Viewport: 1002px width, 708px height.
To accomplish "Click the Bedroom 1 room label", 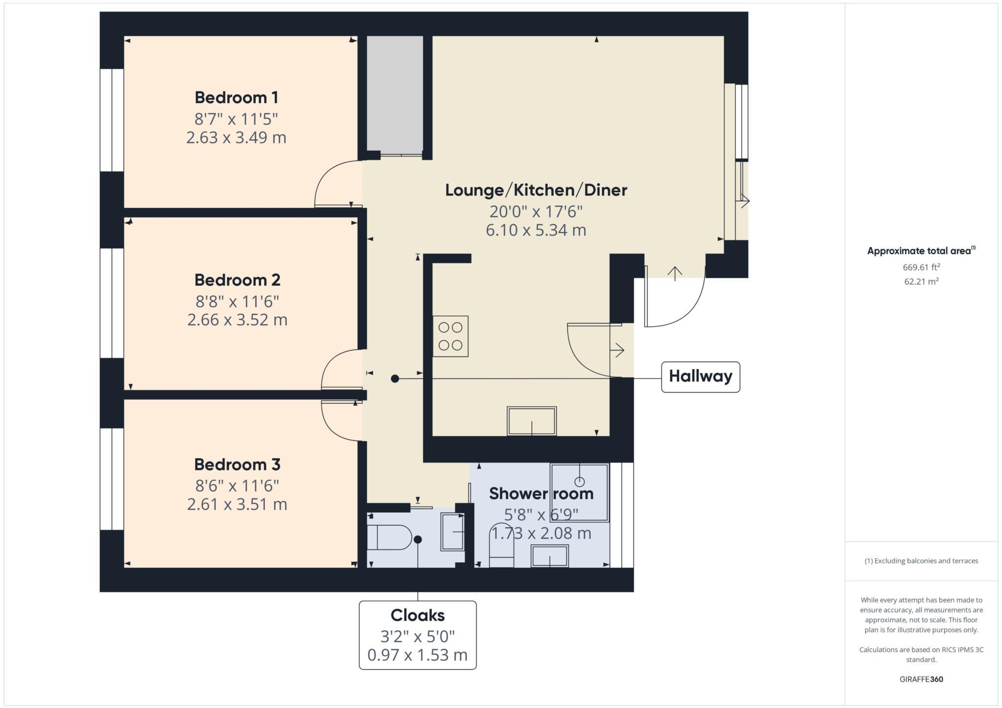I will coord(236,98).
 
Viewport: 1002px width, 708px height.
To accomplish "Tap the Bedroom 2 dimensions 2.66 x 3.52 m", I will coord(237,320).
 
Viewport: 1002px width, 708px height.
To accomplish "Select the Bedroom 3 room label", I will coord(237,465).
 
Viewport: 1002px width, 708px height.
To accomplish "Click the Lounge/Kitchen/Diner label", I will coord(536,190).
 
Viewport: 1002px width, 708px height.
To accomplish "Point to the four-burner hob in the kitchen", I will coord(450,336).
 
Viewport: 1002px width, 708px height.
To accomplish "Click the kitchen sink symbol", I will coord(531,421).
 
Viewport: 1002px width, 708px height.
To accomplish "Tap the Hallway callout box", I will coord(700,376).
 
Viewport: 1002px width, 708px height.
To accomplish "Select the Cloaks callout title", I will coord(417,615).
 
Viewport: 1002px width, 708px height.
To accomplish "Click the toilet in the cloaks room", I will coord(389,538).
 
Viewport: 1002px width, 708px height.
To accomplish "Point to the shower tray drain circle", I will coord(579,482).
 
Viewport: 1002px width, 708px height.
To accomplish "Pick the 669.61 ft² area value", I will coord(921,267).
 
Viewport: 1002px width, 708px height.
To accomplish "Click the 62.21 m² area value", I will coord(921,282).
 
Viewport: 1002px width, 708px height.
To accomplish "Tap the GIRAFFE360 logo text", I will coord(921,679).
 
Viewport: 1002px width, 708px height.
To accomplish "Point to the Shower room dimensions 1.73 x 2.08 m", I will coord(541,533).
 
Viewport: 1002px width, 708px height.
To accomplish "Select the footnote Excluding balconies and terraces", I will coord(921,561).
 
